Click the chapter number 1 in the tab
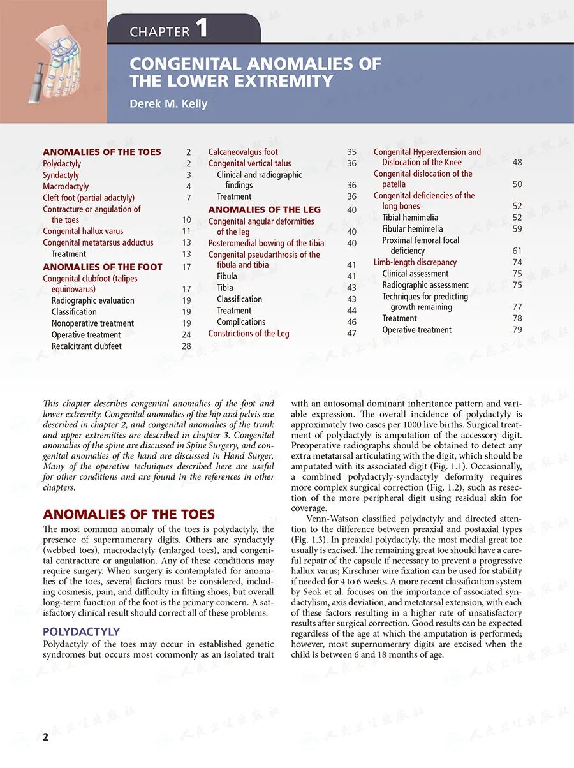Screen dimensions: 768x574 point(202,29)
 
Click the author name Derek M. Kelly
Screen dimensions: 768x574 point(168,103)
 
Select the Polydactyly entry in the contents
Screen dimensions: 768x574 point(62,164)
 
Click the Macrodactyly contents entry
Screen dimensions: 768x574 point(66,186)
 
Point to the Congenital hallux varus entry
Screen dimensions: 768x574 point(83,231)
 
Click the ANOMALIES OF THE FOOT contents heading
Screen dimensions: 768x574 point(102,267)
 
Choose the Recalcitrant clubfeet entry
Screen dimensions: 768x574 point(86,346)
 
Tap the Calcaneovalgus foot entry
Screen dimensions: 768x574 point(243,152)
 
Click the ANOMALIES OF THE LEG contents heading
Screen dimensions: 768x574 point(264,209)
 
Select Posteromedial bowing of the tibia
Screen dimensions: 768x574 point(266,243)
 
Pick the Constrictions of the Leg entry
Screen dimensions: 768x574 point(248,333)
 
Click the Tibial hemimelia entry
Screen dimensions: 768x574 point(410,218)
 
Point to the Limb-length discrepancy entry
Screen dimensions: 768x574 point(415,262)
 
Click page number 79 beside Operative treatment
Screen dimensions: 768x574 point(517,330)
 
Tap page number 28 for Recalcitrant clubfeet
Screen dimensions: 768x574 point(186,346)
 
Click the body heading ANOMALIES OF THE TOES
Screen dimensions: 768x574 point(128,514)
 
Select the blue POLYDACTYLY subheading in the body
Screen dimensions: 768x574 point(81,631)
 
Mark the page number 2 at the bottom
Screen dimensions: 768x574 point(46,738)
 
